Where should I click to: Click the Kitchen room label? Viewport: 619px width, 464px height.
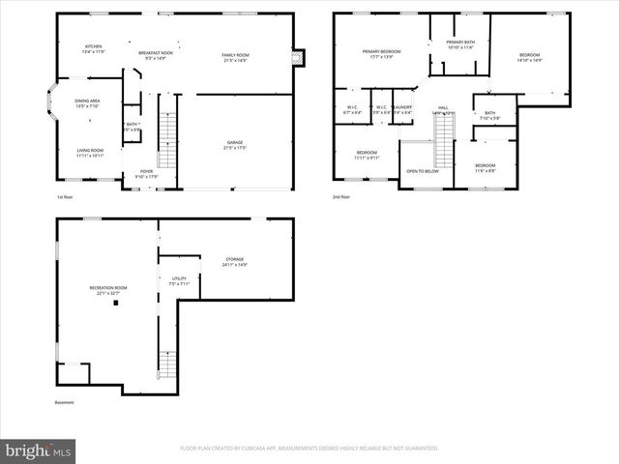click(x=94, y=46)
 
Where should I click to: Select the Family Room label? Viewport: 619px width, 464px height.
click(x=236, y=55)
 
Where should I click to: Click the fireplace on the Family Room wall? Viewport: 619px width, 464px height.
click(x=298, y=56)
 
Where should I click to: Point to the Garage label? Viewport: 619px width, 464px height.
click(x=235, y=142)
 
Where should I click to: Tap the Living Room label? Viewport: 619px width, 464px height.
click(x=91, y=150)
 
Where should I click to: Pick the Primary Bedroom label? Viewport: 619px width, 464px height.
click(x=382, y=51)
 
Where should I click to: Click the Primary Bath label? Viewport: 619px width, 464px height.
click(x=460, y=43)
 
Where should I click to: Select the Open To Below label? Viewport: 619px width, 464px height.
click(x=422, y=170)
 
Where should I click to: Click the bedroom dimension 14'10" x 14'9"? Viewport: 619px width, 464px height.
click(x=529, y=61)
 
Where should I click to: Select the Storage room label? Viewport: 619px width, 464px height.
click(x=235, y=259)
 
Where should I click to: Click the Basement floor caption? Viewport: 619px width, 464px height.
click(x=64, y=402)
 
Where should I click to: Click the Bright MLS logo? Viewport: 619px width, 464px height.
click(x=39, y=449)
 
